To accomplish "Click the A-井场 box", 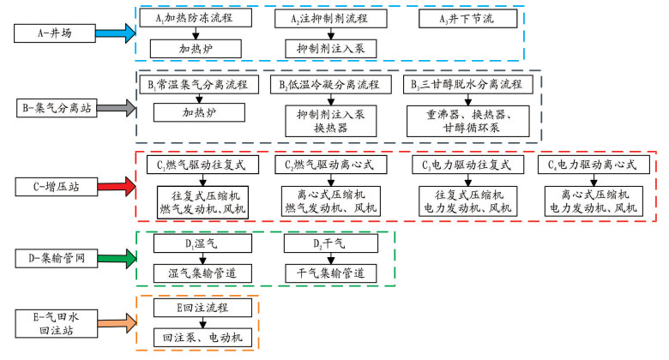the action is (55, 33).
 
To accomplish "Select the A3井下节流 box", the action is (467, 19).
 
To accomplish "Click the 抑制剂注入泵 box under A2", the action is (331, 49).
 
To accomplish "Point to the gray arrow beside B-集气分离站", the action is (116, 108).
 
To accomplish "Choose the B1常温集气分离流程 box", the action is (199, 85).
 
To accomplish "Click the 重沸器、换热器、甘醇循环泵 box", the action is (467, 121).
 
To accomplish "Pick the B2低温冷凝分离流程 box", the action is (331, 85).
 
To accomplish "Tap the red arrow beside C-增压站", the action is (117, 186).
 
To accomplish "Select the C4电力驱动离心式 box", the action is (594, 165).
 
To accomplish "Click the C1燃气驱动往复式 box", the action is (202, 165).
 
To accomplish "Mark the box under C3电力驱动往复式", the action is (467, 201).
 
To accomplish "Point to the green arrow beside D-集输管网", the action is (117, 258).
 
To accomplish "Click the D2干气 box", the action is (331, 243).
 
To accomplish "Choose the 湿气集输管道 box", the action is (202, 273).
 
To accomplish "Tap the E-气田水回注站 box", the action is (57, 324).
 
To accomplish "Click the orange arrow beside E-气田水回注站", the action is (117, 323).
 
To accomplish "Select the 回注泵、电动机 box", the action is (202, 338).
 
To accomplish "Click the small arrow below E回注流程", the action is (202, 322).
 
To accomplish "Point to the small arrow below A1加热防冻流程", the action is (196, 33).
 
